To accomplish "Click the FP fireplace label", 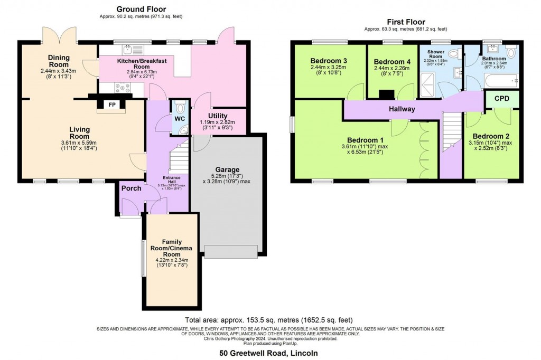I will point(111,105).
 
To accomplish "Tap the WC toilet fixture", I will point(181,109).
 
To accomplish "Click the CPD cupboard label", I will point(502,99).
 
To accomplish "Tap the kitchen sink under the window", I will point(128,50).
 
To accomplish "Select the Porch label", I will point(130,188).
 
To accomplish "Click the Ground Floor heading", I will point(141,9).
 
